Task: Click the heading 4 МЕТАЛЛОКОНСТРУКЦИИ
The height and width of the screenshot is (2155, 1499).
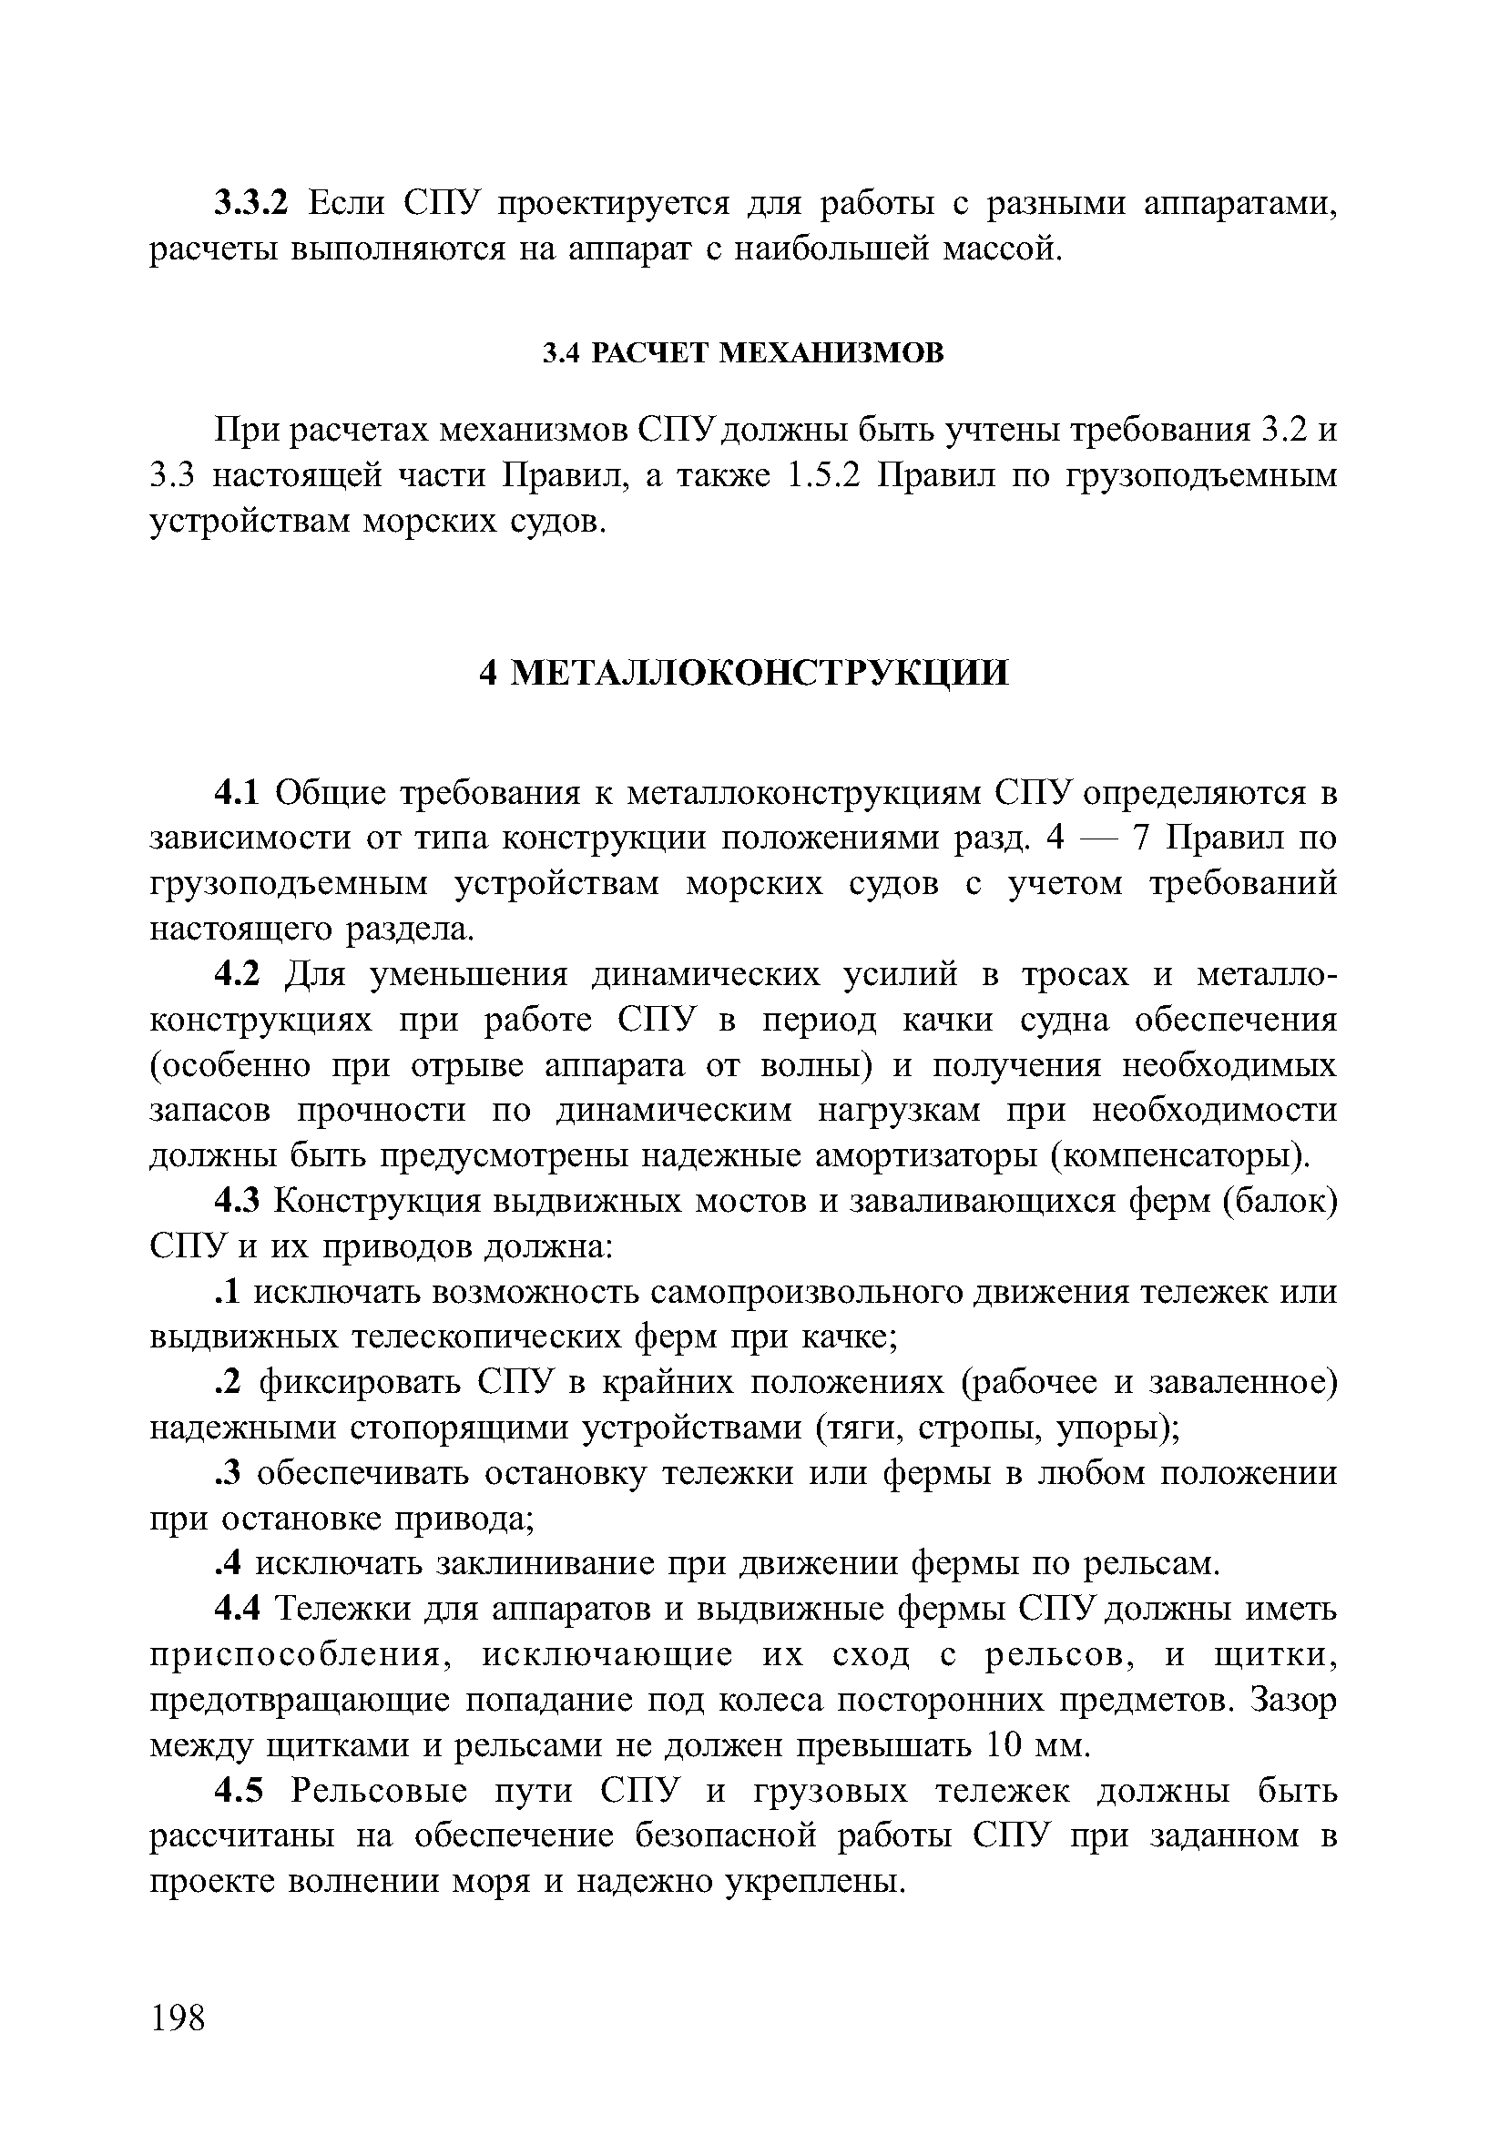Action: point(743,672)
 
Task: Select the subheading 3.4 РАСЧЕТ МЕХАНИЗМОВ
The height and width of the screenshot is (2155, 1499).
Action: point(743,353)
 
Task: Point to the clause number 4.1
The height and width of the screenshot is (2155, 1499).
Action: point(241,793)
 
